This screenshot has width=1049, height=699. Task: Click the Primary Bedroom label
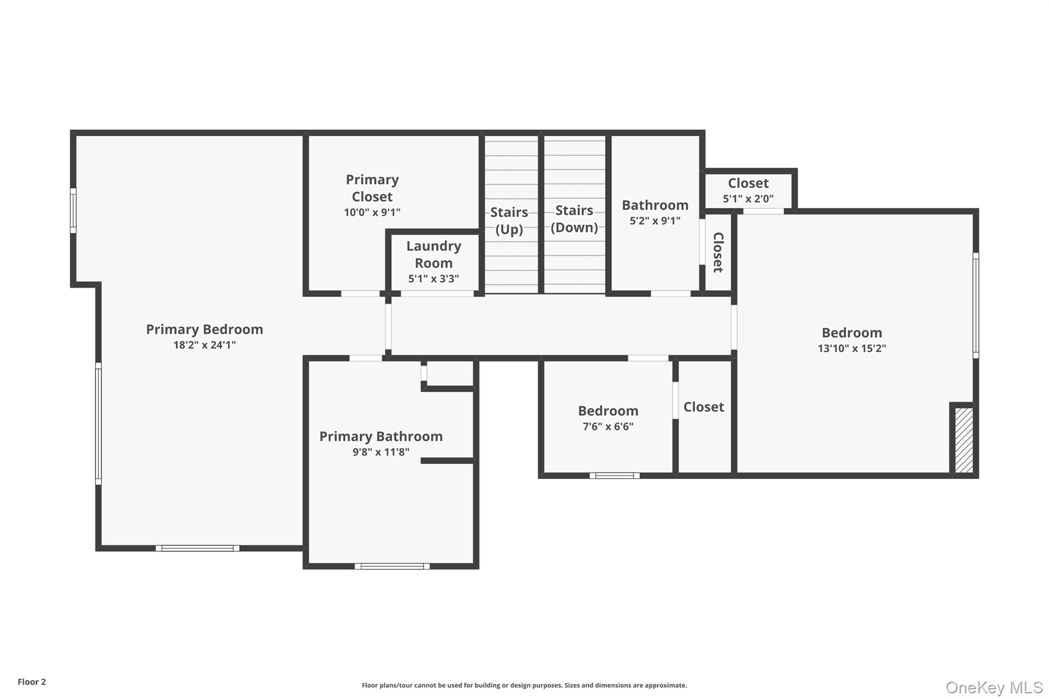[204, 329]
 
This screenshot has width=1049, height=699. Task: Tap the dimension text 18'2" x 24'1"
[204, 345]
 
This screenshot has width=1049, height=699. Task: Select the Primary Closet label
[372, 188]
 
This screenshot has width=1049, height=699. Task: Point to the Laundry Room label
[434, 255]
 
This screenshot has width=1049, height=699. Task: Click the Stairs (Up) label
[509, 221]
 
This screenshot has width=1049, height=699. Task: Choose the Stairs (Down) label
[574, 219]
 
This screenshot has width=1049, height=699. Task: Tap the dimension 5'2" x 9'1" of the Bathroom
[655, 221]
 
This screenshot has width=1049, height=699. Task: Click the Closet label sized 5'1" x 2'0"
[748, 183]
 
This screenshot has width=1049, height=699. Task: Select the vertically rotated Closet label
[718, 252]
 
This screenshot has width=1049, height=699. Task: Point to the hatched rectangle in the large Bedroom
[964, 440]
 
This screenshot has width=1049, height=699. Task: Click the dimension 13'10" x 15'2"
[852, 348]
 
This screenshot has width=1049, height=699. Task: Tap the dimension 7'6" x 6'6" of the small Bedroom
[608, 427]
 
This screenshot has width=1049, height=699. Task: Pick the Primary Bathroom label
[381, 436]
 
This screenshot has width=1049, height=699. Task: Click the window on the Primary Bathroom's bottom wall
[392, 566]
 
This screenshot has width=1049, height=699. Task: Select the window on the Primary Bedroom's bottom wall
[198, 548]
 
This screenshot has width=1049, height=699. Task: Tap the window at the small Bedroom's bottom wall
[615, 475]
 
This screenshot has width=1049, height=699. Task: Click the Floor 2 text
[32, 682]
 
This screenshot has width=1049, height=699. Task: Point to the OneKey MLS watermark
[994, 687]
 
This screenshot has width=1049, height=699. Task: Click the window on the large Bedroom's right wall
[976, 305]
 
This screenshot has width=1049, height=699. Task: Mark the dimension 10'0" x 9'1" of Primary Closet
[372, 212]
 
